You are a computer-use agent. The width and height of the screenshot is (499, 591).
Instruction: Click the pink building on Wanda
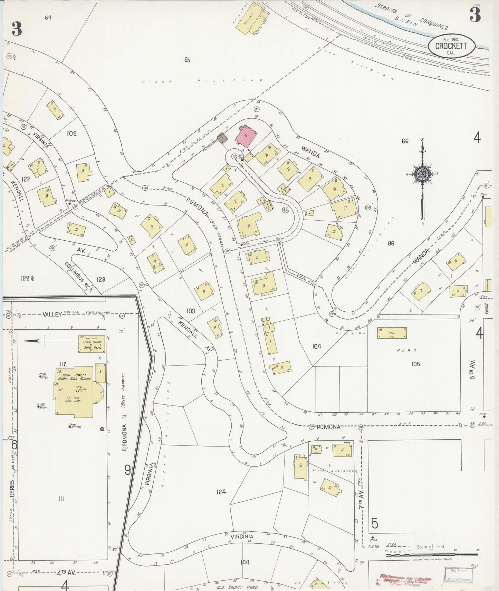(246, 136)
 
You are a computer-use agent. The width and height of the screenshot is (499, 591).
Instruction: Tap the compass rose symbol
(422, 173)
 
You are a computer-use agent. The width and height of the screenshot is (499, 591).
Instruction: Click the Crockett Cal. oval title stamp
(451, 47)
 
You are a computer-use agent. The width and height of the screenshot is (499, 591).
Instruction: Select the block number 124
(221, 492)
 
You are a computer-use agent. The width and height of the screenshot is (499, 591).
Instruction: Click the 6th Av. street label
(472, 370)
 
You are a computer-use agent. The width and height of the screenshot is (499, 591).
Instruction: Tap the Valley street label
(52, 314)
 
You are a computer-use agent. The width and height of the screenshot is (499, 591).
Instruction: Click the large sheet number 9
(128, 470)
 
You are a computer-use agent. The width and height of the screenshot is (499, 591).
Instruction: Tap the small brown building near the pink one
(223, 138)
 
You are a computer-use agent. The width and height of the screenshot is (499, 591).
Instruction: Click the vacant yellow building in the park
(392, 333)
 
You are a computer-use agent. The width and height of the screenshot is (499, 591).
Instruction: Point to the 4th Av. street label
(66, 573)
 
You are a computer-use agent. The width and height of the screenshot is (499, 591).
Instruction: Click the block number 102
(71, 133)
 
